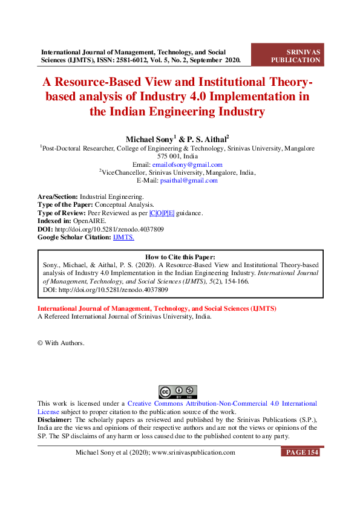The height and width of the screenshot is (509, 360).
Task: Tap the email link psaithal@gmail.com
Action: click(188, 180)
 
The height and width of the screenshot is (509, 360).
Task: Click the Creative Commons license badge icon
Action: click(178, 391)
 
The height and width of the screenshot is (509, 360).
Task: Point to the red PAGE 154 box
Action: click(300, 452)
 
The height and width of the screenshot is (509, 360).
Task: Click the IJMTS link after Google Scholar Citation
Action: click(123, 238)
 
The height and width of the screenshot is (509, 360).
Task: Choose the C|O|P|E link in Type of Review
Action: click(162, 213)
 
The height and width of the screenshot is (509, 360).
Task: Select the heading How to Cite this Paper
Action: click(180, 257)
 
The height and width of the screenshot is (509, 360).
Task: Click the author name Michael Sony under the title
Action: click(148, 138)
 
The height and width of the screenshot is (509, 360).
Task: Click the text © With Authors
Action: click(61, 343)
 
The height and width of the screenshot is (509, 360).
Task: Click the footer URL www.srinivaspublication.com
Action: click(193, 453)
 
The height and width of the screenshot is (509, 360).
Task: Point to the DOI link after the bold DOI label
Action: click(110, 230)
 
